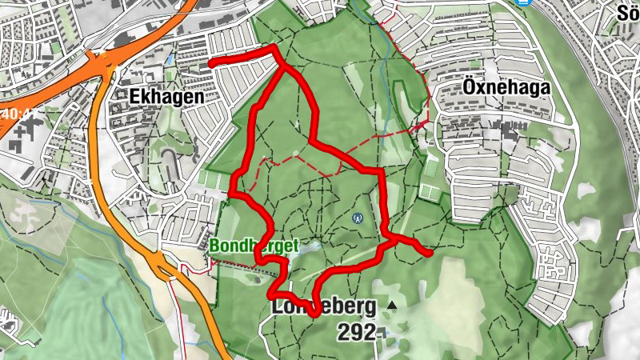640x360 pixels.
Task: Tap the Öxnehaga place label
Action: point(507,87)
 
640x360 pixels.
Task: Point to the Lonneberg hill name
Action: point(324,306)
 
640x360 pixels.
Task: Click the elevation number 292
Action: point(356,331)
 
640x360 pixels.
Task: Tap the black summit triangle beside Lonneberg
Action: point(392,306)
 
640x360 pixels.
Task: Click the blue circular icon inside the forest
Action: point(358,218)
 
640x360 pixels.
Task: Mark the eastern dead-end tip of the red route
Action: point(430,254)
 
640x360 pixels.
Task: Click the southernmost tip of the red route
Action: point(314,314)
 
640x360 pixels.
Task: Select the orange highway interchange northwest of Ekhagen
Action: point(104,62)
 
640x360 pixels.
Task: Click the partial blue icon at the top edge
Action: point(524,2)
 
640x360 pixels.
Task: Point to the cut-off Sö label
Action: point(629,13)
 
